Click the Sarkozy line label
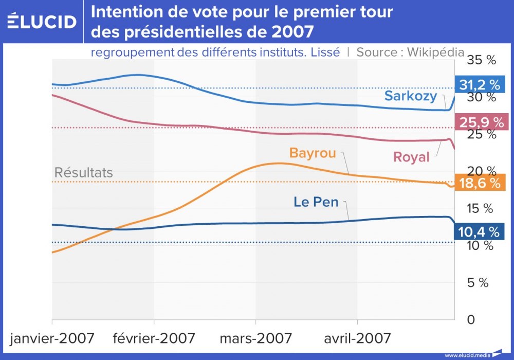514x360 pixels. click(x=411, y=96)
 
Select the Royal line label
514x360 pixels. click(x=411, y=157)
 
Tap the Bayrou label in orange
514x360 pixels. click(x=313, y=153)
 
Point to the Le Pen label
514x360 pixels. click(x=316, y=202)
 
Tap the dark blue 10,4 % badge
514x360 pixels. click(x=480, y=232)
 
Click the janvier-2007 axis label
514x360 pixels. click(x=52, y=338)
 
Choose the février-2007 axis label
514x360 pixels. click(x=154, y=338)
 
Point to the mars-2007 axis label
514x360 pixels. click(x=256, y=338)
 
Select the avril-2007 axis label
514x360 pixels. click(x=357, y=338)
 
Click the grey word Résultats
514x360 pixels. click(x=84, y=173)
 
